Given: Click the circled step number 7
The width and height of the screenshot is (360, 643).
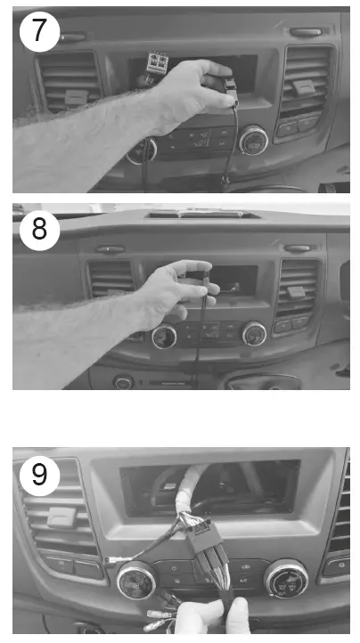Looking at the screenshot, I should coord(39,32).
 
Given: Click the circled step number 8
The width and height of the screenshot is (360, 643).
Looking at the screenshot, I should coord(39,228).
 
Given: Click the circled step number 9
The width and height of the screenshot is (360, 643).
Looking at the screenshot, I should coord(39,474).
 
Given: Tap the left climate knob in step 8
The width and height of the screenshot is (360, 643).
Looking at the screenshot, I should coord(163,337).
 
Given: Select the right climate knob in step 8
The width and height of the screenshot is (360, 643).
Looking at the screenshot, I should coord(254,333).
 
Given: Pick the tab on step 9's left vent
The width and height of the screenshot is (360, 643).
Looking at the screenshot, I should coord(61,517).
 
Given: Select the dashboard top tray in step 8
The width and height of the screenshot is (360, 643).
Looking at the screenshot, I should coord(203,215).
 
